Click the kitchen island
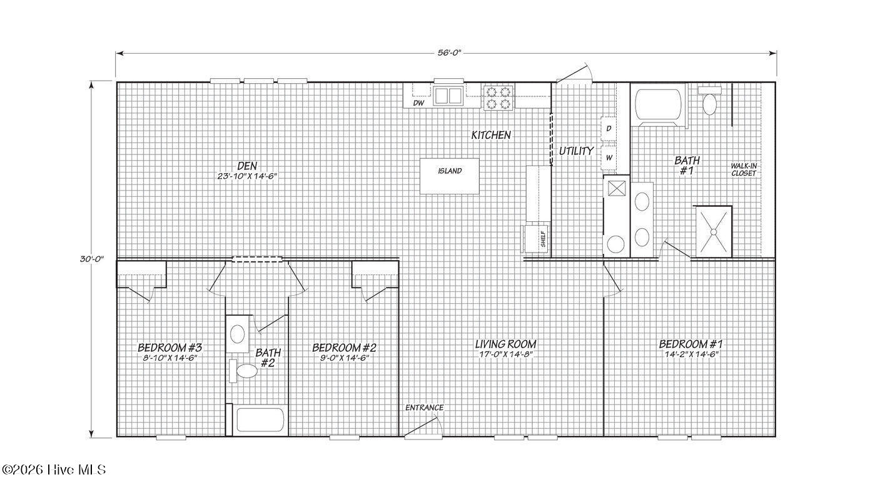point(450,176)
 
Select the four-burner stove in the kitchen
point(498,98)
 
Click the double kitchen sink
point(448,96)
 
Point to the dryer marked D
point(609,128)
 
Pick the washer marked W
point(609,158)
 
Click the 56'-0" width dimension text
point(449,53)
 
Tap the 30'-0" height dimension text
point(92,259)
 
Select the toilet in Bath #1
point(709,101)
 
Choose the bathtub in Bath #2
point(260,420)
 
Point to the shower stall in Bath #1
point(713,232)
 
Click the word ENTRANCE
point(424,408)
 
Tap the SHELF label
point(543,239)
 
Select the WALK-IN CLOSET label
point(744,170)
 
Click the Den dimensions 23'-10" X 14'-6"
point(247,176)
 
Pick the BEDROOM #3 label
point(169,348)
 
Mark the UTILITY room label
point(576,151)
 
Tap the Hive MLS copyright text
point(54,469)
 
